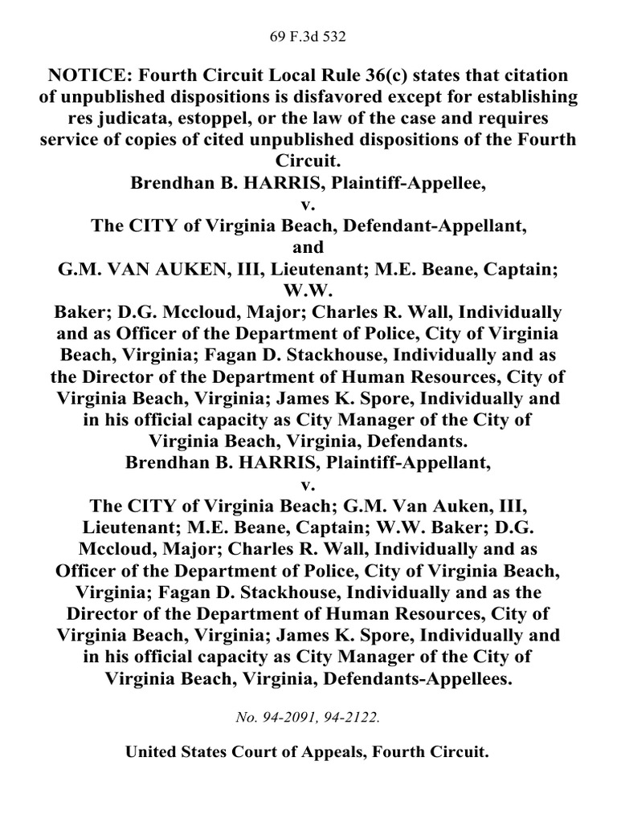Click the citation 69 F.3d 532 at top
point(308,36)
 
